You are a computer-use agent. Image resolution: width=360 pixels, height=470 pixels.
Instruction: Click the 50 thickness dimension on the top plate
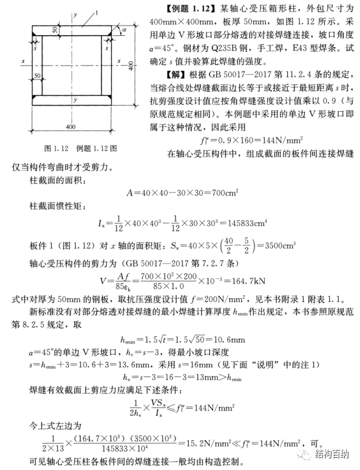tap(55, 29)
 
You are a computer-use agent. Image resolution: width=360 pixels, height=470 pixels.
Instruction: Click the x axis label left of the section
tap(22, 62)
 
